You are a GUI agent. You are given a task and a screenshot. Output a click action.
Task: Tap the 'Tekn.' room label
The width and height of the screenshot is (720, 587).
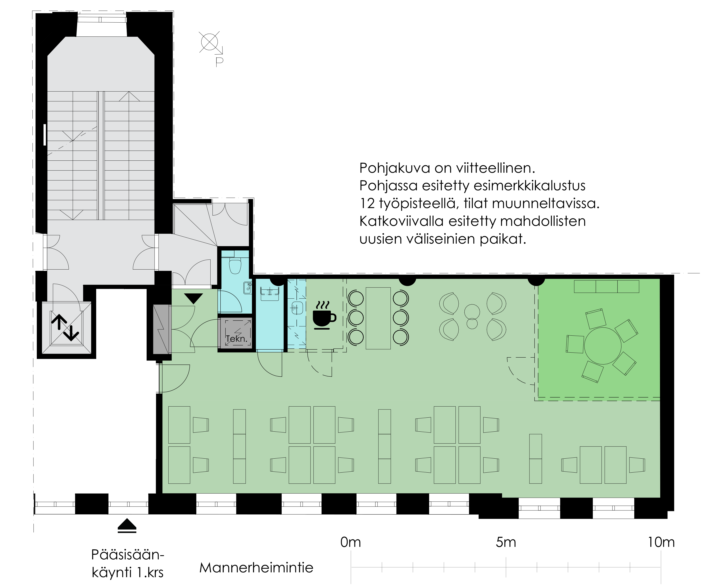(x=236, y=339)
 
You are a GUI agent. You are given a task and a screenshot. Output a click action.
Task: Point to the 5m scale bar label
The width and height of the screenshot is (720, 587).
(x=506, y=542)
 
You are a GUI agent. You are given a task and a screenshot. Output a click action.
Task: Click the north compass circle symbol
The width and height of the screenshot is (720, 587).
(x=209, y=42)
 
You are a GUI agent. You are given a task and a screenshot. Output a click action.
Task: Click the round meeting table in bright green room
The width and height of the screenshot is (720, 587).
(x=603, y=346)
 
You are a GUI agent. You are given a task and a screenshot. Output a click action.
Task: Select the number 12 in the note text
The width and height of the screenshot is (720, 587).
(x=367, y=203)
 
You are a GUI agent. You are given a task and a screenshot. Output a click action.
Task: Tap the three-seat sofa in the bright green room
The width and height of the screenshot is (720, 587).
(x=607, y=286)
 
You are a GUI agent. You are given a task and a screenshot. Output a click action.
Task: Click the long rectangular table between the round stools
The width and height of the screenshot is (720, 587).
(x=378, y=318)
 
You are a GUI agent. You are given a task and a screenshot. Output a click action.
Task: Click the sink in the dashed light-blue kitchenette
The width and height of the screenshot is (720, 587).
(x=297, y=308)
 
